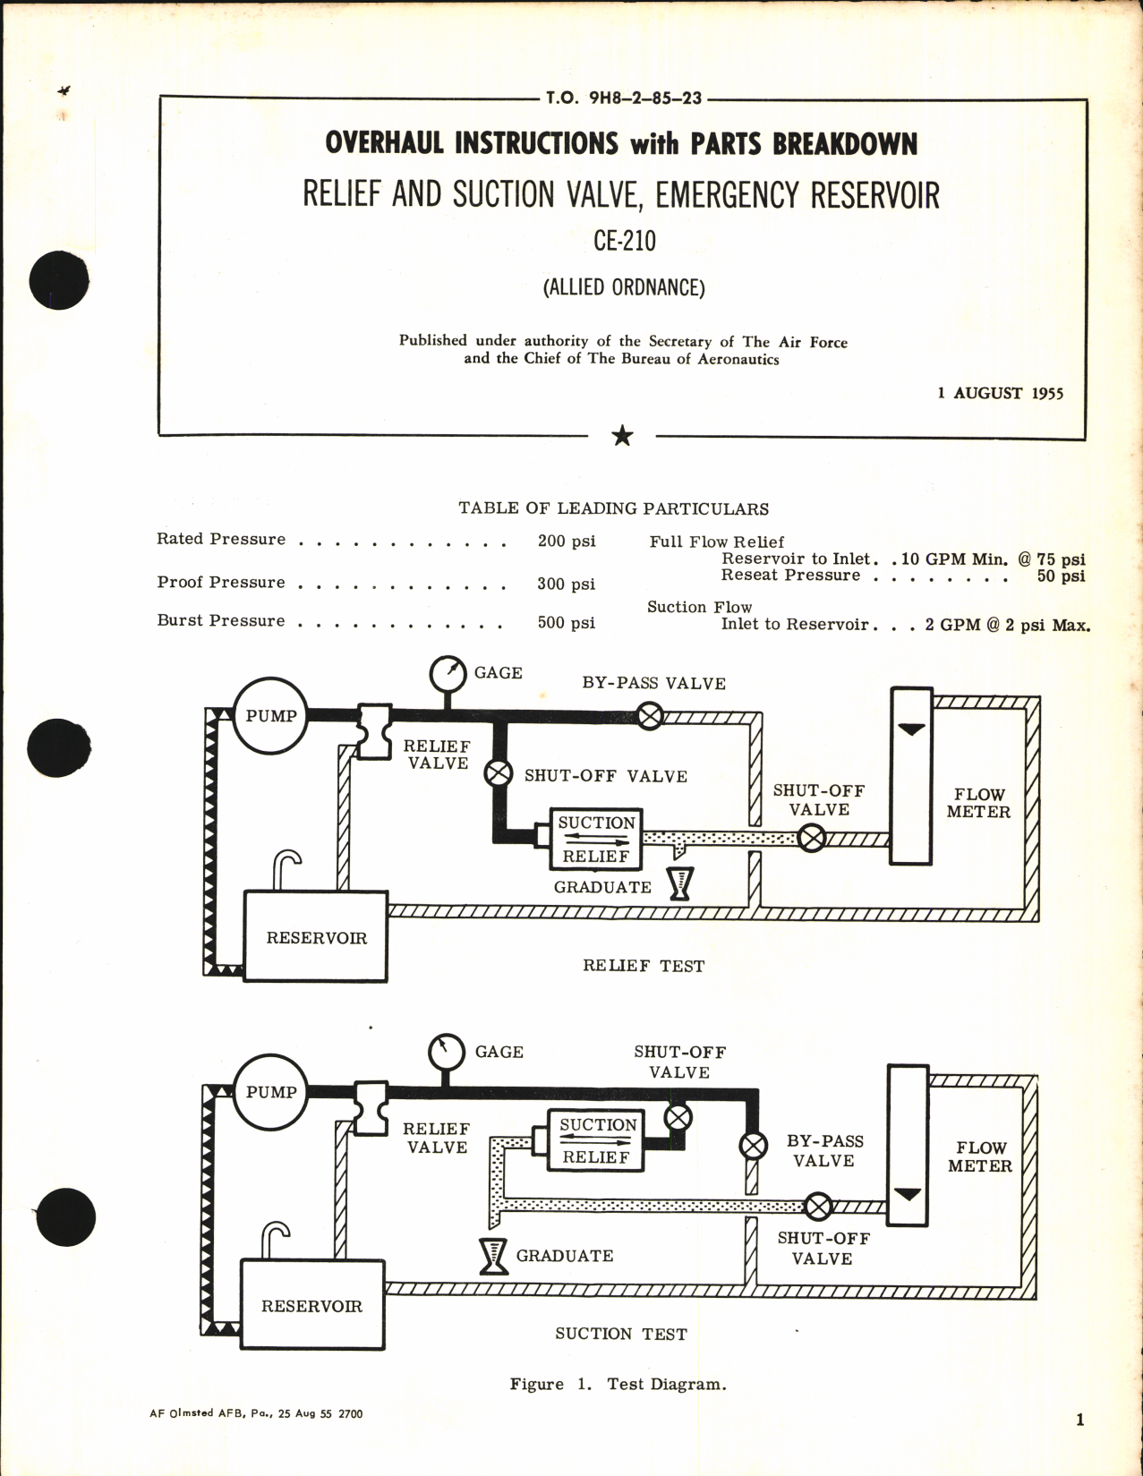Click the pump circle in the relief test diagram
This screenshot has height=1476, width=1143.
[270, 716]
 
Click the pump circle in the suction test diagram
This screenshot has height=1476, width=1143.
[270, 1092]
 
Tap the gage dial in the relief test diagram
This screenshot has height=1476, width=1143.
[448, 674]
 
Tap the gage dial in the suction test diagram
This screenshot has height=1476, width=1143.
[447, 1053]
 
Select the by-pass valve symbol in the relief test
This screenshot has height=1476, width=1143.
[650, 716]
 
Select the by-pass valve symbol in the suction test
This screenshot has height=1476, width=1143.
[753, 1145]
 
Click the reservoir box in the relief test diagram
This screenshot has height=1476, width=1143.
[316, 936]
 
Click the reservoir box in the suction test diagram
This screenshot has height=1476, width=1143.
[312, 1305]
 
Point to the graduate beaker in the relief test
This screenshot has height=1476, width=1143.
[681, 884]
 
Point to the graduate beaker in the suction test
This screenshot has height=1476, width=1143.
[493, 1256]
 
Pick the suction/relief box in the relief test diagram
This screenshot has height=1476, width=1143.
[596, 839]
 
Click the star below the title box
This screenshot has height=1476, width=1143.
[622, 437]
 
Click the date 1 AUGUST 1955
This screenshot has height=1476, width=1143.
[1000, 393]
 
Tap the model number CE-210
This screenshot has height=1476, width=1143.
[624, 241]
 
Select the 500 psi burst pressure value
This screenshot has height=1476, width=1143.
[566, 622]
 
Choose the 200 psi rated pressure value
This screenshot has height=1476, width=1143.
[566, 541]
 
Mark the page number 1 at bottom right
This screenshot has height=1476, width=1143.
[1079, 1420]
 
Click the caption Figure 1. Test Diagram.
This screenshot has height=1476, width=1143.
[618, 1384]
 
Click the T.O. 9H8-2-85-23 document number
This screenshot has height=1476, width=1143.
[623, 98]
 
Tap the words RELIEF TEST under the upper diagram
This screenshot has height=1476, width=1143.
[643, 966]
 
